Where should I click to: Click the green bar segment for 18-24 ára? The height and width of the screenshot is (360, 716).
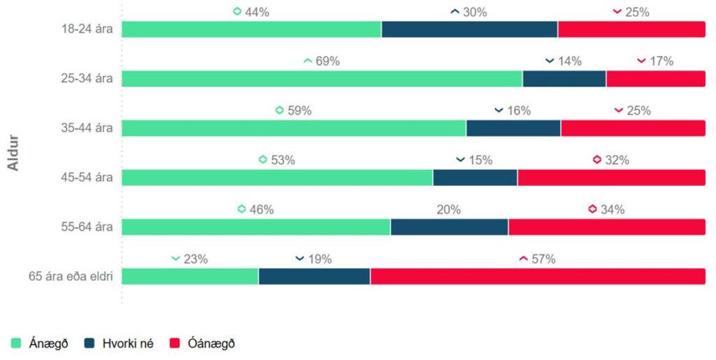pyautogui.click(x=252, y=29)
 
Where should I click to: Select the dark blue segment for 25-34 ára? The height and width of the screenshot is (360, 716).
pyautogui.click(x=564, y=79)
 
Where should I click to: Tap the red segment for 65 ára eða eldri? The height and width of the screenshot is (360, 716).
pyautogui.click(x=538, y=276)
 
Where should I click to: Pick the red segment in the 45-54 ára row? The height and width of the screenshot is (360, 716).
pyautogui.click(x=611, y=178)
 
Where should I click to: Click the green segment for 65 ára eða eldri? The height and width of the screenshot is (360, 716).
pyautogui.click(x=190, y=276)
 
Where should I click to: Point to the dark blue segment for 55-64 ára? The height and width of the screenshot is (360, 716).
pyautogui.click(x=450, y=227)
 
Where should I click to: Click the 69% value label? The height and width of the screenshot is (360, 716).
pyautogui.click(x=327, y=62)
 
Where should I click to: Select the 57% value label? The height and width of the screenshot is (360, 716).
pyautogui.click(x=543, y=259)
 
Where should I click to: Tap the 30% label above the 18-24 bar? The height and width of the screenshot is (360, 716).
pyautogui.click(x=475, y=12)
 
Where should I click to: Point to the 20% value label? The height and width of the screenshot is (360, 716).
pyautogui.click(x=449, y=210)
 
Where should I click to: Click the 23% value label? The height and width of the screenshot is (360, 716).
pyautogui.click(x=195, y=259)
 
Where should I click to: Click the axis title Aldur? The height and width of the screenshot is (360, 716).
pyautogui.click(x=13, y=152)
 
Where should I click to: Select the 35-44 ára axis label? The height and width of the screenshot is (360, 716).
pyautogui.click(x=87, y=128)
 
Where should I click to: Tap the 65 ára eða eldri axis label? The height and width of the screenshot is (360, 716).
pyautogui.click(x=71, y=276)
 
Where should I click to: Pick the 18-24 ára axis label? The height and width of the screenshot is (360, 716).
pyautogui.click(x=87, y=29)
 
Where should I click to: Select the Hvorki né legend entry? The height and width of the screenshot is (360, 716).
pyautogui.click(x=119, y=343)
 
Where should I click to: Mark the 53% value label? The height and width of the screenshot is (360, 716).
pyautogui.click(x=282, y=160)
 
